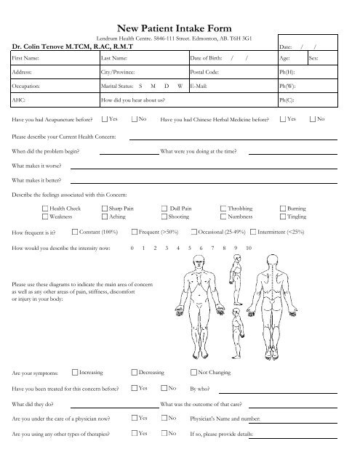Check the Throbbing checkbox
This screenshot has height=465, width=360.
[x=223, y=209]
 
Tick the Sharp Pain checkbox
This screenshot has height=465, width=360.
[x=104, y=209]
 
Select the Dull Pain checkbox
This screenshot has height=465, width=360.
[x=164, y=209]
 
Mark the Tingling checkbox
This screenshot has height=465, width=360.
[x=282, y=217]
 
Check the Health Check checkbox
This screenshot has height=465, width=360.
[x=45, y=209]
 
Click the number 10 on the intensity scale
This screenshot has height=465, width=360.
[x=249, y=248]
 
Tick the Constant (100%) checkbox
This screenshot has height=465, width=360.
[x=75, y=232]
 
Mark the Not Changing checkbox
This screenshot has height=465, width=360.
[x=193, y=372]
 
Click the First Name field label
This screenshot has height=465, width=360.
[x=26, y=57]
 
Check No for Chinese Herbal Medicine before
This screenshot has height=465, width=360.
[x=312, y=118]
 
